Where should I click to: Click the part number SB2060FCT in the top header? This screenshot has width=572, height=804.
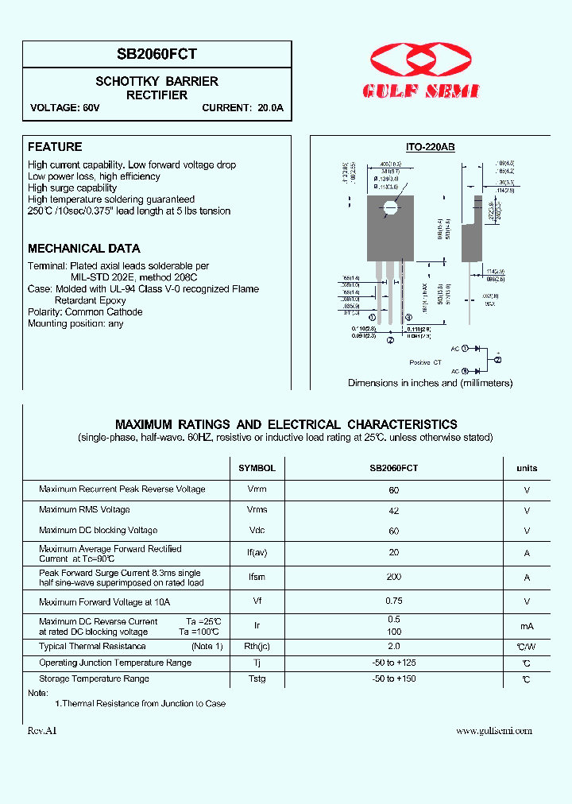pyautogui.click(x=157, y=54)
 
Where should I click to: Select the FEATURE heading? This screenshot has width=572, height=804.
pyautogui.click(x=55, y=147)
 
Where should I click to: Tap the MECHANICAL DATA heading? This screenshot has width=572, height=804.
pyautogui.click(x=84, y=249)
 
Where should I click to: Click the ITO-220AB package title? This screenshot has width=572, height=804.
pyautogui.click(x=430, y=147)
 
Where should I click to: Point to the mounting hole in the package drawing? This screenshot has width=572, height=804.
pyautogui.click(x=389, y=209)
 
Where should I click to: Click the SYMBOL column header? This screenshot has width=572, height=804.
pyautogui.click(x=257, y=469)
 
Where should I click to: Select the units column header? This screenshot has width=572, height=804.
pyautogui.click(x=527, y=469)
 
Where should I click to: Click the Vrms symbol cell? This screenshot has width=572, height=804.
pyautogui.click(x=257, y=510)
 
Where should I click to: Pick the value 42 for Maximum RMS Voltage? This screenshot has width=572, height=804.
pyautogui.click(x=394, y=511)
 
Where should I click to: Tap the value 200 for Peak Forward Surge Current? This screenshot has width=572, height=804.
pyautogui.click(x=394, y=577)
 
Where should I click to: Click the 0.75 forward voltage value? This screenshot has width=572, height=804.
pyautogui.click(x=394, y=601)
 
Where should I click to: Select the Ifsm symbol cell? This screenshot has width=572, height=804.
pyautogui.click(x=257, y=578)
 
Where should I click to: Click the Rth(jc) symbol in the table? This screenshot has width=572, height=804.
pyautogui.click(x=257, y=647)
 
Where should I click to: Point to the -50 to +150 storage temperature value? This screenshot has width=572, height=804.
pyautogui.click(x=394, y=678)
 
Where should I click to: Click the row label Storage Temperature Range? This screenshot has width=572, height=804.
pyautogui.click(x=94, y=678)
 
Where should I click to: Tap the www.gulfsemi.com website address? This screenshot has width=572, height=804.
pyautogui.click(x=494, y=731)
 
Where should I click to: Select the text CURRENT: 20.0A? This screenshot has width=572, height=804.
pyautogui.click(x=242, y=108)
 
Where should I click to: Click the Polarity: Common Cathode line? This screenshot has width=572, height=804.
pyautogui.click(x=85, y=312)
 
